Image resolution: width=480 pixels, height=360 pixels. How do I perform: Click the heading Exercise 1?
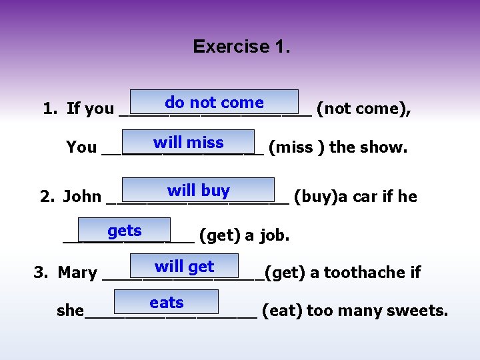[241, 47]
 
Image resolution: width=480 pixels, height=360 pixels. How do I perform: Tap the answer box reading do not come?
[214, 103]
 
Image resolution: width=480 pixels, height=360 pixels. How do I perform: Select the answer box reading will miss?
[189, 143]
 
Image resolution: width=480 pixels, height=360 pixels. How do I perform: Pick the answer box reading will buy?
[198, 191]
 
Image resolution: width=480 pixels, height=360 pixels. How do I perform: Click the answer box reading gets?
[125, 231]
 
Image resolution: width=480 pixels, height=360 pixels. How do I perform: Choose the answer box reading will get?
[184, 267]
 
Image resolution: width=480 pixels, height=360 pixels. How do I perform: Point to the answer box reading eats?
[167, 303]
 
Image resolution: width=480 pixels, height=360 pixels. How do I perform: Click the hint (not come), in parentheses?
[363, 109]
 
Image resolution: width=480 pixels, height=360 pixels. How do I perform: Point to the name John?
[82, 197]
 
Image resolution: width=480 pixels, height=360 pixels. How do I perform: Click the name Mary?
[77, 273]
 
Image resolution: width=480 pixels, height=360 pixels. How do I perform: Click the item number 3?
[39, 273]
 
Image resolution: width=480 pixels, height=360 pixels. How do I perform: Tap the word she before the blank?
[70, 311]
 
